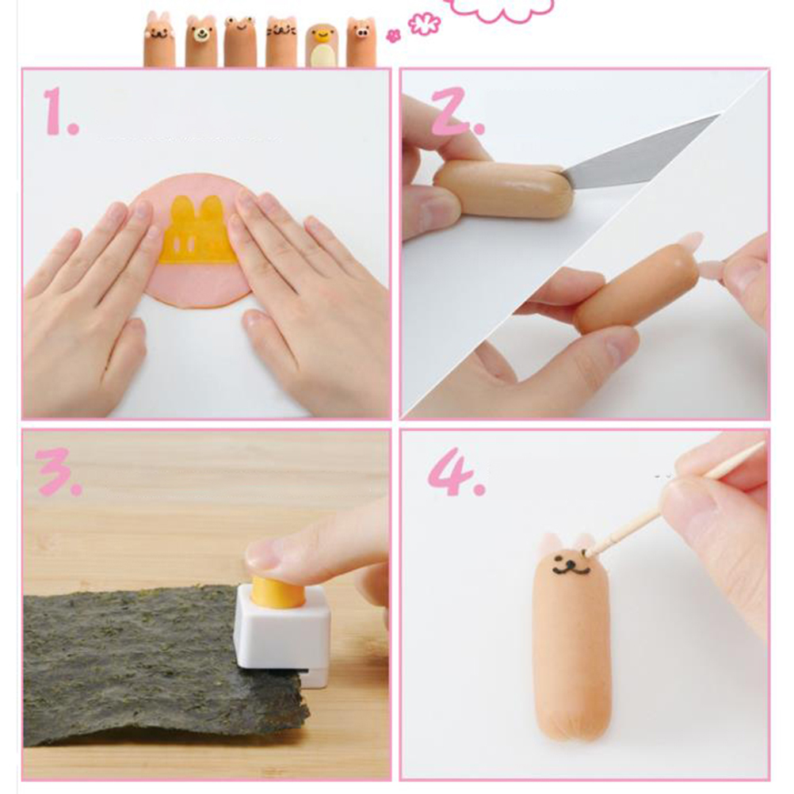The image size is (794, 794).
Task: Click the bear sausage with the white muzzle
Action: coord(201,41)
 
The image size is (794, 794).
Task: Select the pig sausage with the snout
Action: coord(361,41)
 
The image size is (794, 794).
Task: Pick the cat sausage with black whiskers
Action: coord(281,41)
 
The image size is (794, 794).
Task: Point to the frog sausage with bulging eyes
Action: coord(241,41)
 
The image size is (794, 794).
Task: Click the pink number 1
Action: coord(60,112)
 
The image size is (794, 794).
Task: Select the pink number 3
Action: coord(59,472)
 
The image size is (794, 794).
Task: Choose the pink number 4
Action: coord(456,472)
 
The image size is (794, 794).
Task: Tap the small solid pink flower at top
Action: coord(393,36)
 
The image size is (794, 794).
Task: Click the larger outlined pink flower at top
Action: coord(425,25)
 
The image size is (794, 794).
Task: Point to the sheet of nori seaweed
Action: coord(162,663)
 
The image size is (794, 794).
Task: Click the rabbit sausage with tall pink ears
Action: coord(160,40)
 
